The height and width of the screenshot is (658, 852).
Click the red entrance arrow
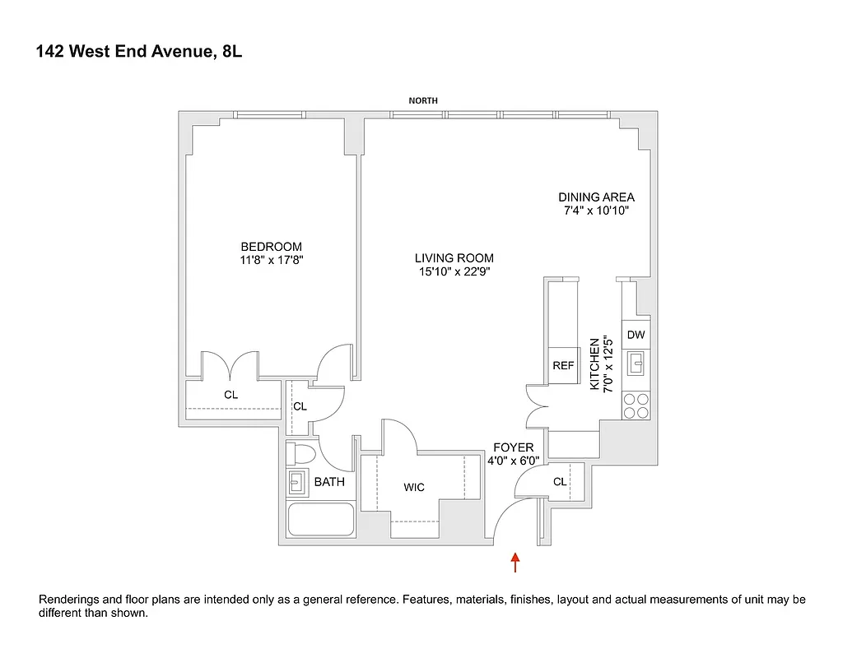point(515,563)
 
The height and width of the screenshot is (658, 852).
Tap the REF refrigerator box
point(563,366)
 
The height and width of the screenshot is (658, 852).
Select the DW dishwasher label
point(636,335)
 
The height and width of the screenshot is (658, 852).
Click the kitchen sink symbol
point(636,363)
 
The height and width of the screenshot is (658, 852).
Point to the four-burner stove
point(636,405)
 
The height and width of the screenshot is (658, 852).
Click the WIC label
point(414,488)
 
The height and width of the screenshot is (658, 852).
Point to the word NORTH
point(424,100)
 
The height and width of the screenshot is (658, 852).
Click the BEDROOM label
point(271,247)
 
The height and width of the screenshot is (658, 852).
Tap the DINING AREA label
point(596,197)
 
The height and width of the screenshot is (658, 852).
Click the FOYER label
point(514,447)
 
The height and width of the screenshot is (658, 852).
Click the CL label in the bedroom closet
point(230,395)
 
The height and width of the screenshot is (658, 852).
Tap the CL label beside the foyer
point(560,482)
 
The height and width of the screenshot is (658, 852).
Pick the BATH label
point(329,482)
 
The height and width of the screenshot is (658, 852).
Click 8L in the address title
point(232,52)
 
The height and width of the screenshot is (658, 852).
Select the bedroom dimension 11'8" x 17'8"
point(271,261)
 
